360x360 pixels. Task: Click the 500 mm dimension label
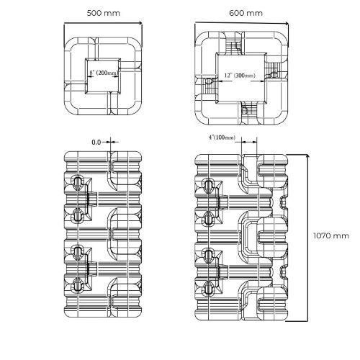pos(103,13)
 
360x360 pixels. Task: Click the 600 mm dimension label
pos(246,13)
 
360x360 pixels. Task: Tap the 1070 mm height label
pos(331,235)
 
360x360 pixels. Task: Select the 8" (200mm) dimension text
pos(104,73)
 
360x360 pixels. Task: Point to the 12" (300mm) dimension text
pos(240,76)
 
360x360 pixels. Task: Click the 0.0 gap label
pos(96,143)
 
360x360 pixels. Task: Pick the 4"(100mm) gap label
pos(222,138)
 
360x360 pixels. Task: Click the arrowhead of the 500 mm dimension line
pos(140,23)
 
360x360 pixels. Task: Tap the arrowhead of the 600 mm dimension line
pos(287,24)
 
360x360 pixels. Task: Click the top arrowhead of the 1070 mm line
pos(307,157)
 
